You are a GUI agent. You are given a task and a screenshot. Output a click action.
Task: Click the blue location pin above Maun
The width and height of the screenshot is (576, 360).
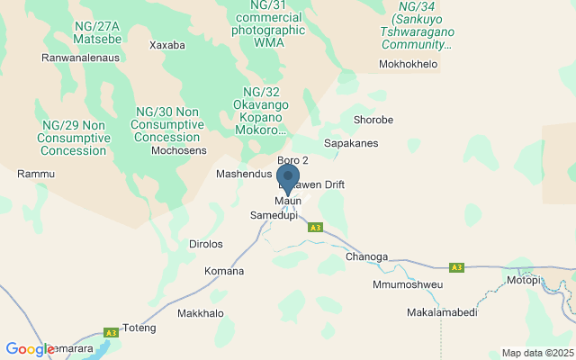coord(288,177)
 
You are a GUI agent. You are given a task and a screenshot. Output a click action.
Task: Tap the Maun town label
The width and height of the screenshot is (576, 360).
coord(288,201)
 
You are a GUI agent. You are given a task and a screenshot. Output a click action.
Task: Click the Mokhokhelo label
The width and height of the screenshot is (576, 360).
coord(408,65)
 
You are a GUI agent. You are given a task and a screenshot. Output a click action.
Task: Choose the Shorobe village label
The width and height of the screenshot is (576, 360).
coord(373,120)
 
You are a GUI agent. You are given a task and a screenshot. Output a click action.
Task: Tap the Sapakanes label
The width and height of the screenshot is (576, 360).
coord(351,143)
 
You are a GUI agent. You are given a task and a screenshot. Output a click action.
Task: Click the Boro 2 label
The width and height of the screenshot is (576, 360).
coord(292,160)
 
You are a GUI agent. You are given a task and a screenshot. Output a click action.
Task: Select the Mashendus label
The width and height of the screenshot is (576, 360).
coord(244,173)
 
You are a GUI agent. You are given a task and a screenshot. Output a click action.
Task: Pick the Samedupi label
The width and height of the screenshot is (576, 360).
coord(273,216)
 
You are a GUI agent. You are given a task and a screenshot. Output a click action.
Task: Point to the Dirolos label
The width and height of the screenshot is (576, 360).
coord(205,244)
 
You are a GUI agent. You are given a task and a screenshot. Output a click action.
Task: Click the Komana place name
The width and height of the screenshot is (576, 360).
coord(224,271)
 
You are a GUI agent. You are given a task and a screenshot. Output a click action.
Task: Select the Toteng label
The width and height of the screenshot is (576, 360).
coord(139,328)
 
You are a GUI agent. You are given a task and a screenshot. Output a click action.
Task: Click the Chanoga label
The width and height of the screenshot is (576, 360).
coord(366,257)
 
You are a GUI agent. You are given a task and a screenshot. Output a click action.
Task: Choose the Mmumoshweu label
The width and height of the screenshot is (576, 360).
coord(408,284)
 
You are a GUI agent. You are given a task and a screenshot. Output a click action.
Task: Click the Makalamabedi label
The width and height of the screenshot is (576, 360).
coord(442,312)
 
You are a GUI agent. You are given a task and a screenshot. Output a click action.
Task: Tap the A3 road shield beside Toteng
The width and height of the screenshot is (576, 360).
coord(112,332)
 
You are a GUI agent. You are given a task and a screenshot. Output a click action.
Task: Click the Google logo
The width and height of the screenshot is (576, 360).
coord(30,349)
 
